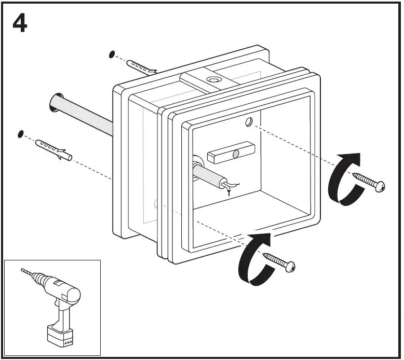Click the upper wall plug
pyautogui.click(x=140, y=67)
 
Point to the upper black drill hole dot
pyautogui.click(x=111, y=54)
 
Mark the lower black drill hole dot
pyautogui.click(x=21, y=134)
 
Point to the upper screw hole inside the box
pyautogui.click(x=249, y=122)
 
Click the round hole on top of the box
pyautogui.click(x=212, y=80)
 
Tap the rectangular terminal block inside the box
pyautogui.click(x=230, y=154)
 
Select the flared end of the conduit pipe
pyautogui.click(x=56, y=102)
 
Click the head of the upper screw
pyautogui.click(x=381, y=186)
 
